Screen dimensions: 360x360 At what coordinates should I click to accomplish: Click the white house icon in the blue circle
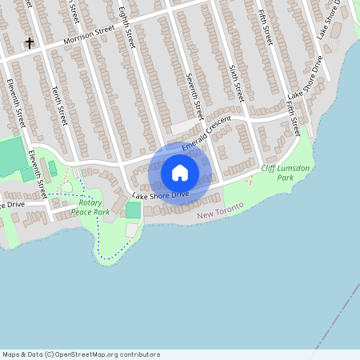pos(180,173)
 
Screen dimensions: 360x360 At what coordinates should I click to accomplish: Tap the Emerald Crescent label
pos(206,134)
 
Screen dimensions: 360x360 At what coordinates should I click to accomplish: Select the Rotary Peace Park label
pos(90,208)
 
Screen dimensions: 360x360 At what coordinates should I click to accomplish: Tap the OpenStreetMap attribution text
pos(81,354)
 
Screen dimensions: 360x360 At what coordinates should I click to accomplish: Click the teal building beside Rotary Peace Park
pos(133,210)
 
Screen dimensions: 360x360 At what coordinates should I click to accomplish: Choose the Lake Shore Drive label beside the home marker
pos(160,194)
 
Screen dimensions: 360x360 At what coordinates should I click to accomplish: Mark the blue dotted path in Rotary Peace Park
pos(101,240)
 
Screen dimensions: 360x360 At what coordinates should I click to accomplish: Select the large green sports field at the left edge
pos(11,157)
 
